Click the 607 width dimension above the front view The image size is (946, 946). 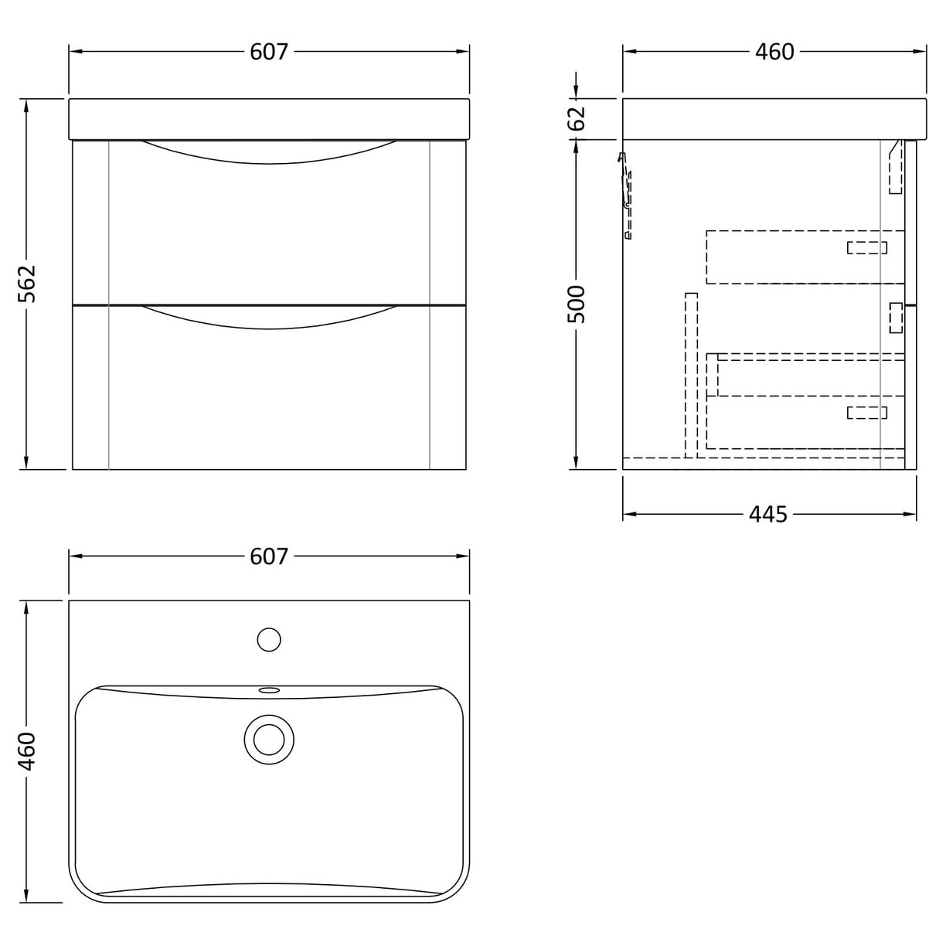click(269, 52)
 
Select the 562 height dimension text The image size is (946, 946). click(27, 284)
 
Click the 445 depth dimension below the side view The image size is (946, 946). click(767, 514)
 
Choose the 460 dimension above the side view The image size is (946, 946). click(774, 52)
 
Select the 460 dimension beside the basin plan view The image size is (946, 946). click(27, 751)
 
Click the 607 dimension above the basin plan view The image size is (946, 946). click(269, 556)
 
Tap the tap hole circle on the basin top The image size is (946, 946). click(269, 640)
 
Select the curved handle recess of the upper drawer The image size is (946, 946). click(269, 153)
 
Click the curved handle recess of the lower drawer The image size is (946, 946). click(269, 318)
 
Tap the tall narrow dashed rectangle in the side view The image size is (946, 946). click(691, 374)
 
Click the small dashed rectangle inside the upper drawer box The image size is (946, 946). click(866, 247)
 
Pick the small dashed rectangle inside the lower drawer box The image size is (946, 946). click(866, 413)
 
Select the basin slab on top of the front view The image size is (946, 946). click(269, 119)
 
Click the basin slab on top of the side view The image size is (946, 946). click(773, 119)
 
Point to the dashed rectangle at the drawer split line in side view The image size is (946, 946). click(896, 318)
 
